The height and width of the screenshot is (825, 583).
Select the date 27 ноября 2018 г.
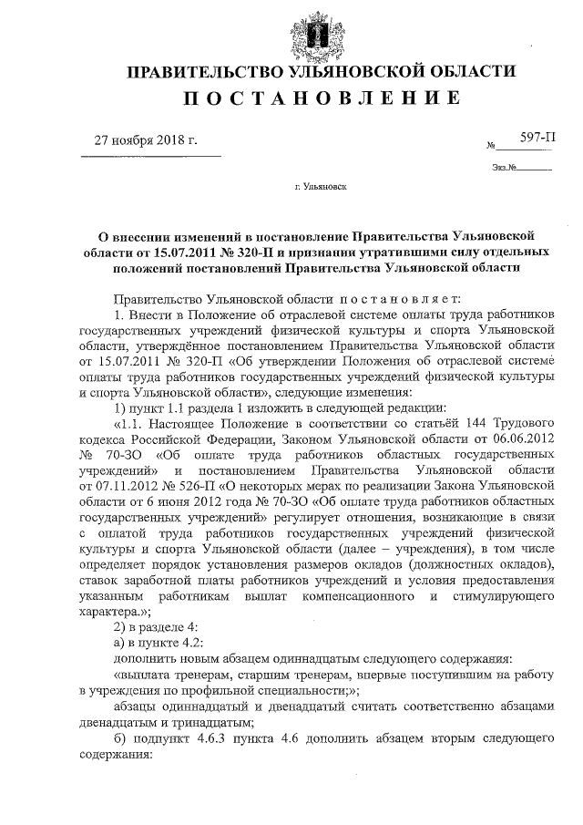click(148, 140)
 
